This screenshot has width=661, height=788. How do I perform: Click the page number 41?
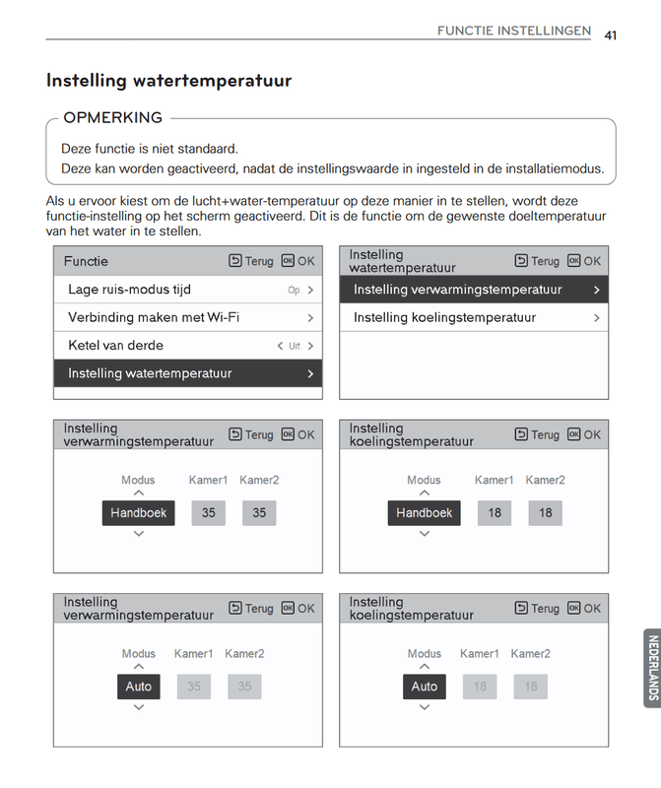coord(611,34)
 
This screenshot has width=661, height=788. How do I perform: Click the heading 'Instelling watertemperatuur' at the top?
coord(168,81)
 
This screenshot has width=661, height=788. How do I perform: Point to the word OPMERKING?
coord(112,118)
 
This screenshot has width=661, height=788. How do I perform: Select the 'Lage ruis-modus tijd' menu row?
coord(187,290)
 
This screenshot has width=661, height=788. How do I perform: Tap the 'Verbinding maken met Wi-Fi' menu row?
coord(187,317)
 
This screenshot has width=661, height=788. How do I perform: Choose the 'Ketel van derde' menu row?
coord(187,346)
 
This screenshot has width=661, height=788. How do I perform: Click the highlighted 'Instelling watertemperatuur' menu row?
coord(187,373)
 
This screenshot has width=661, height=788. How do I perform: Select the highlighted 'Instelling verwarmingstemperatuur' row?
coord(473,290)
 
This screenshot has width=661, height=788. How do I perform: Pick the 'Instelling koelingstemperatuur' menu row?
coord(473,317)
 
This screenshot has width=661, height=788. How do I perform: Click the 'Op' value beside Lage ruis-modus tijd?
coord(294,291)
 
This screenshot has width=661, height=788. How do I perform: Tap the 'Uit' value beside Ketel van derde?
coord(295,347)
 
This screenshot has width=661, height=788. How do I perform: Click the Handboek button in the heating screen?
coord(138,512)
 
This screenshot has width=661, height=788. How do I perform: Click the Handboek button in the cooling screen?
coord(424,512)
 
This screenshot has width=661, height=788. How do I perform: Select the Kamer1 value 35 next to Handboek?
coord(208,512)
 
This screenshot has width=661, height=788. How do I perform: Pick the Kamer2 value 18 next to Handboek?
coord(545,512)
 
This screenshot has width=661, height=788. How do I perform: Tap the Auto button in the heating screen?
coord(138,686)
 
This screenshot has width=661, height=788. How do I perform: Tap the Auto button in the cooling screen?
coord(424,686)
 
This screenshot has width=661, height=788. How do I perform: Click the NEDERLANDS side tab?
coord(652,668)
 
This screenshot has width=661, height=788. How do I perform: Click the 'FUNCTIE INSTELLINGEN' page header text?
coord(514,32)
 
